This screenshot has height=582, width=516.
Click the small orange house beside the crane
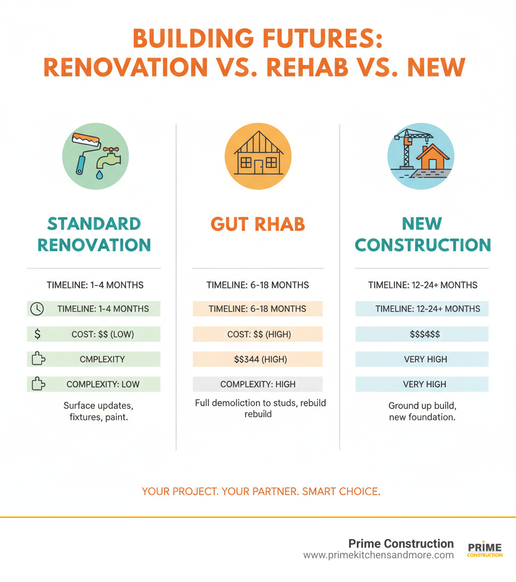[x=432, y=157]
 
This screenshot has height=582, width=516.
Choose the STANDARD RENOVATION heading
[x=94, y=234]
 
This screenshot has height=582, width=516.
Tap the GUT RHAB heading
[x=257, y=224]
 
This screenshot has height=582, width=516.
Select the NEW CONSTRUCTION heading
[x=422, y=234]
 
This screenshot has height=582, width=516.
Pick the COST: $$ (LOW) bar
[x=102, y=334]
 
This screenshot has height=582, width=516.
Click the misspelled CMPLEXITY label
[x=102, y=359]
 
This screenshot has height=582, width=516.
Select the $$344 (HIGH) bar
[x=257, y=359]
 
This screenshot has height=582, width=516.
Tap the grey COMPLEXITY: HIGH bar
[x=257, y=384]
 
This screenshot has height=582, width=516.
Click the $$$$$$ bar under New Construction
[x=422, y=334]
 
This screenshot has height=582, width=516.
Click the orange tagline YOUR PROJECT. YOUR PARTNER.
[x=261, y=491]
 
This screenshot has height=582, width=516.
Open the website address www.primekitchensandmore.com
[x=378, y=555]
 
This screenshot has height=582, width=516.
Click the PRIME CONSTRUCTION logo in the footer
[x=485, y=550]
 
